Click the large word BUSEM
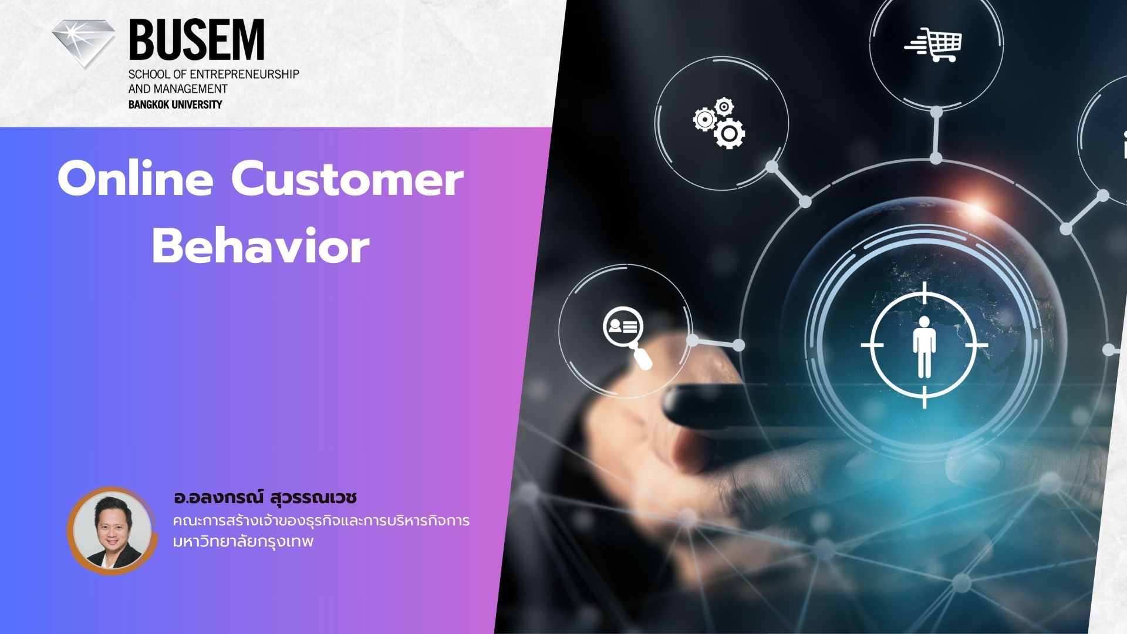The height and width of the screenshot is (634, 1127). (196, 40)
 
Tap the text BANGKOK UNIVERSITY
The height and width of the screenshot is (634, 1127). (175, 104)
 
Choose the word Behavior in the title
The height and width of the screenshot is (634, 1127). (261, 247)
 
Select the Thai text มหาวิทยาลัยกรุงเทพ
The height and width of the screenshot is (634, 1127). (244, 541)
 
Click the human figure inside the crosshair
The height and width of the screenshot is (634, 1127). (923, 346)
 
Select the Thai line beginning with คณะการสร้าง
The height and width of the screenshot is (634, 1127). (321, 521)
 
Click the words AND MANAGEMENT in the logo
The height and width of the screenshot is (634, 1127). (178, 89)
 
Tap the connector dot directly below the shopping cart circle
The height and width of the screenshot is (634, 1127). (936, 112)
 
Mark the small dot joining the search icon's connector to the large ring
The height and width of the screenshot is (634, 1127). (738, 345)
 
